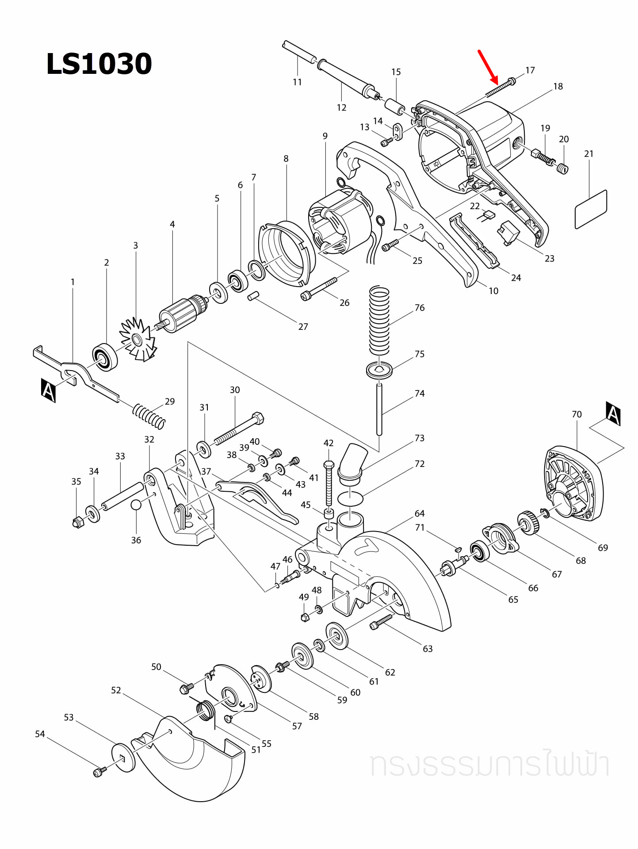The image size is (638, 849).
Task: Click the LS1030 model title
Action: point(99,64)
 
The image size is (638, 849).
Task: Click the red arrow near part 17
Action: point(488,67)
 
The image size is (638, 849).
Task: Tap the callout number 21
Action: point(588,154)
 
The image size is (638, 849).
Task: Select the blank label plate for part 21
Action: point(591,209)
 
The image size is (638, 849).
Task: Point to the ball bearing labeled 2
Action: point(105,356)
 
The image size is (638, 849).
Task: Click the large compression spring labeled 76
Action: point(379,321)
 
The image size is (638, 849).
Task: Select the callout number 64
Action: point(420,513)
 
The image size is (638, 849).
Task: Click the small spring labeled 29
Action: point(149,416)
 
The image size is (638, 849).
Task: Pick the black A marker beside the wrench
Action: point(48,390)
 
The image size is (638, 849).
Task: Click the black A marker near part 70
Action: point(613,413)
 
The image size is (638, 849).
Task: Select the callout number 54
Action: point(40,734)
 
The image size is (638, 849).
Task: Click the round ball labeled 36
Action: point(136,505)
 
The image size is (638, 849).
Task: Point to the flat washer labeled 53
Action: point(124,758)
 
